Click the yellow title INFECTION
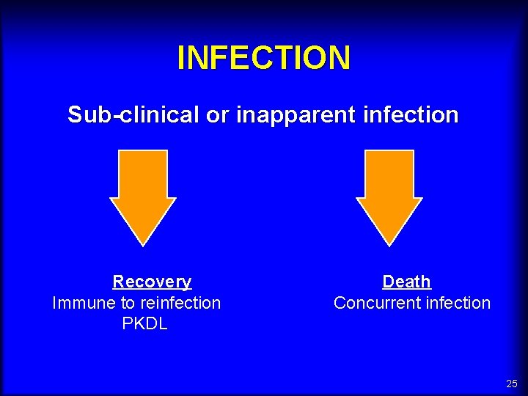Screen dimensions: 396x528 [x=264, y=58]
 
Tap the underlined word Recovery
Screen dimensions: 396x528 [x=152, y=282]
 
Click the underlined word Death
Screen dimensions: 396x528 [x=406, y=282]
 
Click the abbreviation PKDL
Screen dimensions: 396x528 [x=144, y=323]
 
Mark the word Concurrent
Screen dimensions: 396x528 [x=370, y=303]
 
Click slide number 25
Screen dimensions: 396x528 [x=511, y=384]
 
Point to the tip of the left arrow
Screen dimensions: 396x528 [x=143, y=243]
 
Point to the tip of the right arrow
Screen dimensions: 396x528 [x=389, y=243]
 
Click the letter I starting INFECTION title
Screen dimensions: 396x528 [x=181, y=58]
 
